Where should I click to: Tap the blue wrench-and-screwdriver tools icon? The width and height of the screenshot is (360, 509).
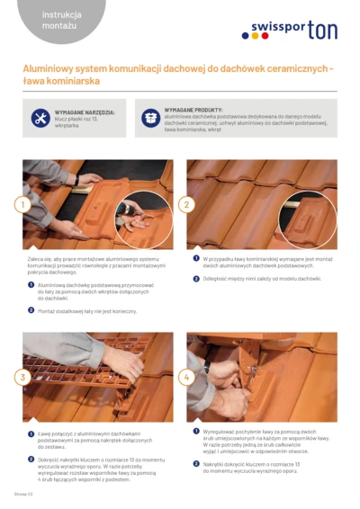(40, 118)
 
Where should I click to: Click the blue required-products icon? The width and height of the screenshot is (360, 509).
(150, 118)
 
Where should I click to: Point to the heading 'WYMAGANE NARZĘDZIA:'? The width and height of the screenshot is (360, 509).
(85, 112)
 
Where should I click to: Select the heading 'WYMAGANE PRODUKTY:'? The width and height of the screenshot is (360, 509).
(193, 109)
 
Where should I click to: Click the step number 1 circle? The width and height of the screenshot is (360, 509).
(23, 204)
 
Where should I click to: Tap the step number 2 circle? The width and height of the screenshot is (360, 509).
(186, 204)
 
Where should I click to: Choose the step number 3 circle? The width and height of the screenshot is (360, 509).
(23, 378)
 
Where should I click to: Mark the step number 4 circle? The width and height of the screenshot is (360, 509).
(186, 378)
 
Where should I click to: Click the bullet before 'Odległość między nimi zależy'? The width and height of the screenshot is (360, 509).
(196, 279)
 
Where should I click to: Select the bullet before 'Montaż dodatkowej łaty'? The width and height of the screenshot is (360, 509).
(31, 309)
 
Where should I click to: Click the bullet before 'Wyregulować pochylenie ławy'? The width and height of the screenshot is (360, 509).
(196, 432)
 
